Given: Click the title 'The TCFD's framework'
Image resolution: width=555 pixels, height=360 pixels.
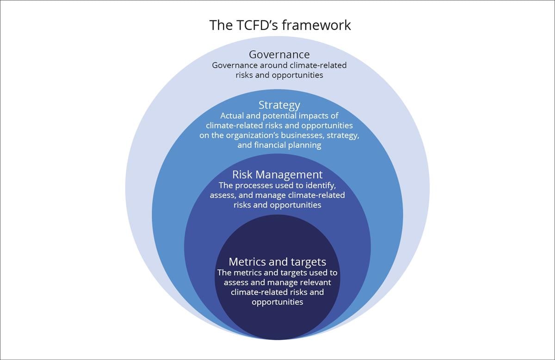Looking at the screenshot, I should (280, 24).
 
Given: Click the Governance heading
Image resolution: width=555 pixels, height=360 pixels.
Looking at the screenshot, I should (279, 55).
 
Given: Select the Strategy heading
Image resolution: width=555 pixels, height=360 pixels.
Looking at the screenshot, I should (279, 105).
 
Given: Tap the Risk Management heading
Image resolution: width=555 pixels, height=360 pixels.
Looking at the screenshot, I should (277, 175).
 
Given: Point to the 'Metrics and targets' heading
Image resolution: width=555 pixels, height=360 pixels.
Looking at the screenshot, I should (277, 262).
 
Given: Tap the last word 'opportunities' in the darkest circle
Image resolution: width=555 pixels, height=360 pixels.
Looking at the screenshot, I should (277, 302).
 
